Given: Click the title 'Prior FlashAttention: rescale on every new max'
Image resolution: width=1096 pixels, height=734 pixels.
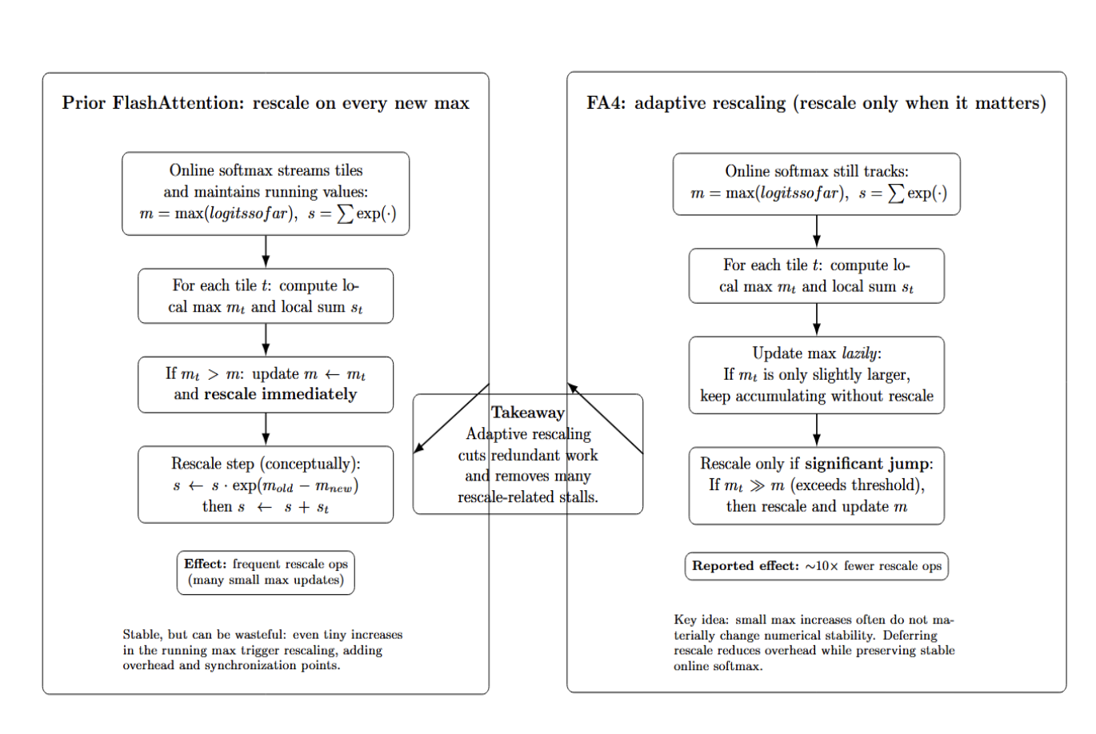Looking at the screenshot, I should click(x=266, y=103).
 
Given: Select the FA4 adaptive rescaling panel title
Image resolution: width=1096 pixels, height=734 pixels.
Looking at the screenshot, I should click(x=816, y=103).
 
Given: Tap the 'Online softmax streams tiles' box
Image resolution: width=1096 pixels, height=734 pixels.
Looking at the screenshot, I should click(x=266, y=193).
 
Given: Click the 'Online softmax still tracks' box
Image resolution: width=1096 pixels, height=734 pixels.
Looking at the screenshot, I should click(x=816, y=184).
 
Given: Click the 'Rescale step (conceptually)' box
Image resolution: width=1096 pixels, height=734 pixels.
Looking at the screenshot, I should click(x=266, y=485).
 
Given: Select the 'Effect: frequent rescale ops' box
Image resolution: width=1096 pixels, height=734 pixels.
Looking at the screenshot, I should click(x=266, y=572).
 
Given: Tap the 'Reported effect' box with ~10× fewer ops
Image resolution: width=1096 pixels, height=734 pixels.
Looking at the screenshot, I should click(x=816, y=566).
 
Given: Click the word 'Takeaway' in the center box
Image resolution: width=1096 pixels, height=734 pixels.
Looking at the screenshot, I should click(x=527, y=413).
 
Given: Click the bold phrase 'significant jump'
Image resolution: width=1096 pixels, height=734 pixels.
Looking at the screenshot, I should click(x=866, y=464).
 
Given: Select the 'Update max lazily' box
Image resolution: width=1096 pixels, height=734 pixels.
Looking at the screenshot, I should click(x=816, y=375).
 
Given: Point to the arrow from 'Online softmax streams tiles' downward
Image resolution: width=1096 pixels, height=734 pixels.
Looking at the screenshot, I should click(x=266, y=252).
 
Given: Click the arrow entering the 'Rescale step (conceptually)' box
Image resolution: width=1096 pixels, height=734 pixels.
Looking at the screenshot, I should click(x=266, y=429).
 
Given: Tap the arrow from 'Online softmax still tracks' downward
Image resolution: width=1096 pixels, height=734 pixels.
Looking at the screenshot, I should click(x=816, y=232).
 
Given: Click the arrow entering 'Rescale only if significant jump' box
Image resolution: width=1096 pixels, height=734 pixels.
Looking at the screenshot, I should click(x=816, y=430).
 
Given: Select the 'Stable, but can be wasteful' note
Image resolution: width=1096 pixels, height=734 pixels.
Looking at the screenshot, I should click(x=262, y=650).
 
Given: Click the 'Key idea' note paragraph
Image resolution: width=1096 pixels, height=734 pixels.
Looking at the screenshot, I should click(x=814, y=643).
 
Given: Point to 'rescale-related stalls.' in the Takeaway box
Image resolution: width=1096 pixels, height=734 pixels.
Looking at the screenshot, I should click(x=527, y=497).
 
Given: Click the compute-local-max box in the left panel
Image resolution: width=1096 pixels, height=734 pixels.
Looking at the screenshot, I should click(x=266, y=296).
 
